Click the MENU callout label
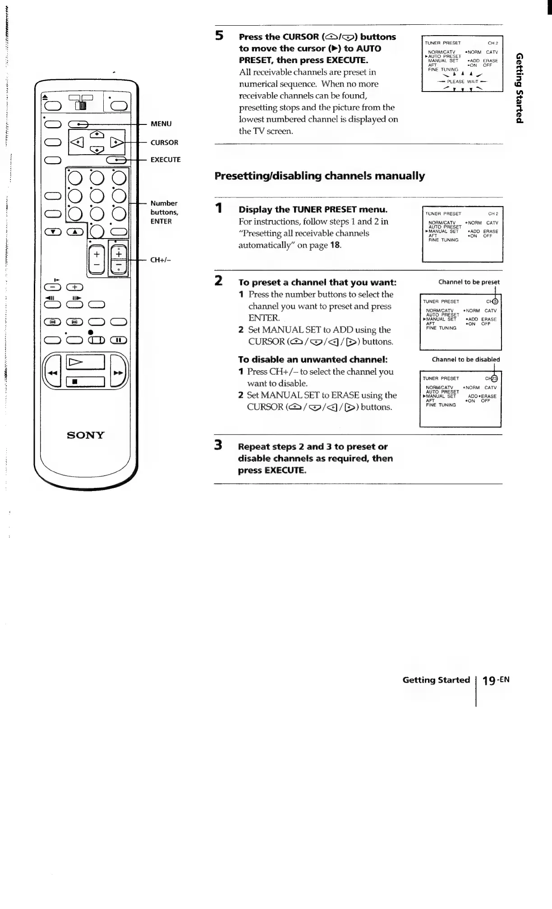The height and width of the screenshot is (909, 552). [x=161, y=124]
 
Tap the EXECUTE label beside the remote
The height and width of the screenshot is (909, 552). [x=165, y=160]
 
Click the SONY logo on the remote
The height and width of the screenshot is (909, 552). [x=85, y=435]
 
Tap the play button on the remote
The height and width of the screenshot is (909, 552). [x=85, y=362]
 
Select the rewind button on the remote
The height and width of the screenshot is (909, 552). [x=52, y=372]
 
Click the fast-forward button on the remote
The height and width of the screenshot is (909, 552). [x=118, y=372]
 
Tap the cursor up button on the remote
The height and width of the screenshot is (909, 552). [x=97, y=134]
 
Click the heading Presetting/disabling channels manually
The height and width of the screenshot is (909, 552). [x=319, y=176]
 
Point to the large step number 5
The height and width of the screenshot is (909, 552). [x=219, y=36]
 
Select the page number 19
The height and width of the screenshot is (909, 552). [x=489, y=680]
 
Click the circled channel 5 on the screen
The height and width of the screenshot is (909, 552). [x=495, y=302]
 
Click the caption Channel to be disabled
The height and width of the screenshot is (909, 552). [x=465, y=359]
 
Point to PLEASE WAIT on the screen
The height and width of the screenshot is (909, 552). [x=462, y=82]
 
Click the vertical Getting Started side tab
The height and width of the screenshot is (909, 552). [x=520, y=87]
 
